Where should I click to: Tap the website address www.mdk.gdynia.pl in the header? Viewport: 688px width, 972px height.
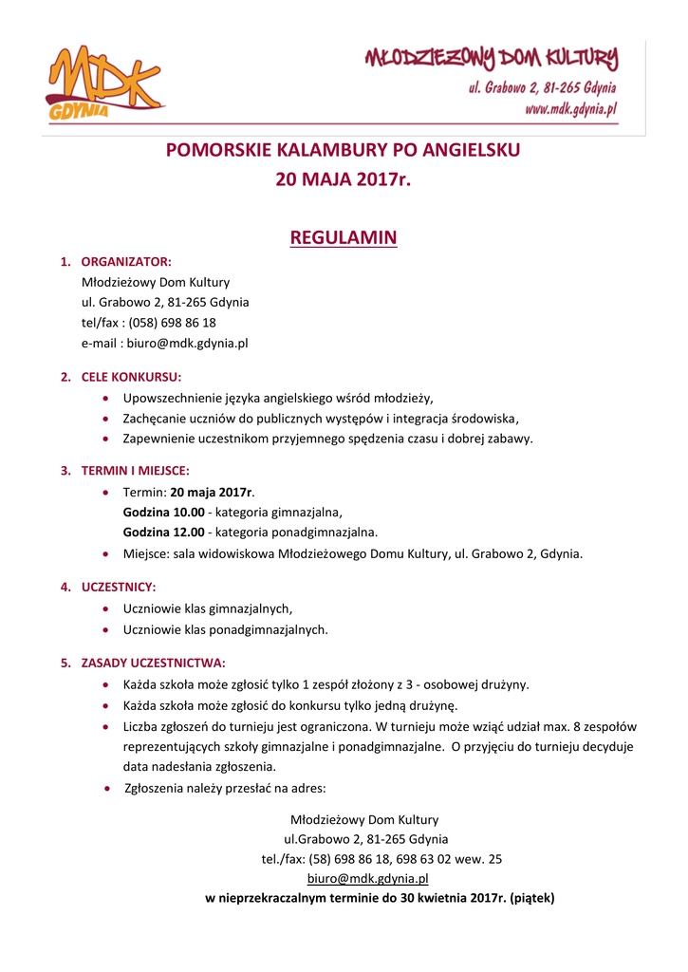click(570, 109)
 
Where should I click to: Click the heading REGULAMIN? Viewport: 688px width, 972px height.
click(343, 237)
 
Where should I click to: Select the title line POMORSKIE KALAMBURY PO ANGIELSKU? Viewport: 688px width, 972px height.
click(343, 150)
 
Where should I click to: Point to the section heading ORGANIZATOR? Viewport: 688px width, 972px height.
click(126, 261)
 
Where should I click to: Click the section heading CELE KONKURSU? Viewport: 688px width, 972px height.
click(131, 377)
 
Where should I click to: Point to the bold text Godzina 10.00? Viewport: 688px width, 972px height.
click(164, 512)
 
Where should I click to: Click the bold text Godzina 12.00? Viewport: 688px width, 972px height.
click(164, 532)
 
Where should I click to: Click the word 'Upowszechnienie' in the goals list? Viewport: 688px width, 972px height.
click(169, 399)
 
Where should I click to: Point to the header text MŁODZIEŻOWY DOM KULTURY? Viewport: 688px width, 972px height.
click(492, 60)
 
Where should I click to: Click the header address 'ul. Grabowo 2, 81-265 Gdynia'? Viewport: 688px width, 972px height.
click(541, 88)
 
